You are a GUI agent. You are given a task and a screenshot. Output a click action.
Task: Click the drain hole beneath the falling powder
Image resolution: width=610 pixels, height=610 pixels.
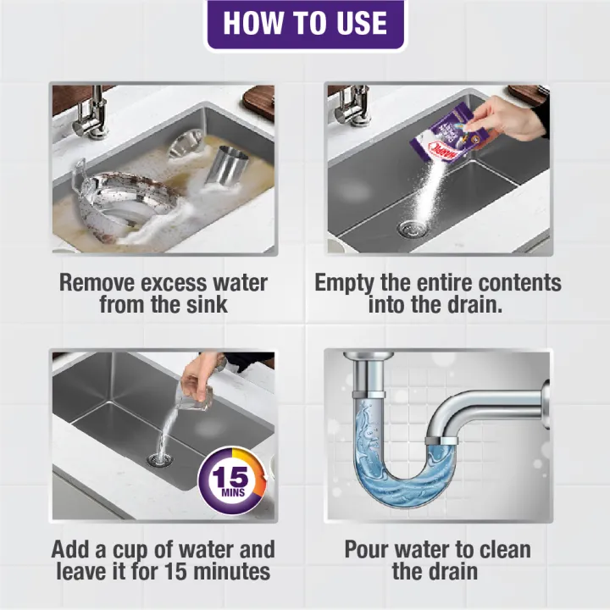[x=408, y=227]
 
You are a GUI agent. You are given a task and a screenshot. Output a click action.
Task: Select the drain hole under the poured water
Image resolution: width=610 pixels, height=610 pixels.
[x=158, y=460]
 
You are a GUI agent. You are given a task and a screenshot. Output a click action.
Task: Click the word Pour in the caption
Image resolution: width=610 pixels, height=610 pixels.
[x=373, y=549]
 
